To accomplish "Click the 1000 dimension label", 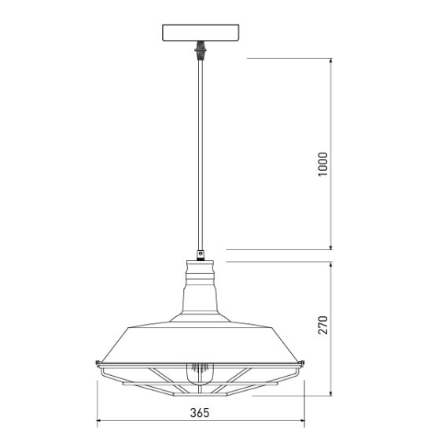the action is (x=323, y=164).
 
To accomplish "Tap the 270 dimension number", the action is (x=323, y=325).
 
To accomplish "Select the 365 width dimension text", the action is (x=200, y=413).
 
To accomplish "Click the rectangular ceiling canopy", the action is (x=201, y=33).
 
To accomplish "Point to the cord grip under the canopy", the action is (x=201, y=50).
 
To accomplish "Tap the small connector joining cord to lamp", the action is (x=201, y=255).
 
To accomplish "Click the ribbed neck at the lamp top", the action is (x=201, y=273).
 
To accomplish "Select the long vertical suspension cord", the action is (x=201, y=154).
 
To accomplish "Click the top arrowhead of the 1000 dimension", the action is (x=330, y=61).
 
